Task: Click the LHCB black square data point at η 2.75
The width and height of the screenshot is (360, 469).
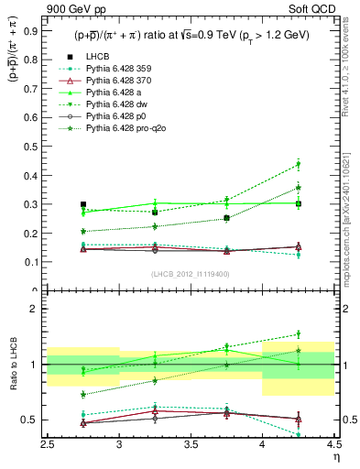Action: (83, 204)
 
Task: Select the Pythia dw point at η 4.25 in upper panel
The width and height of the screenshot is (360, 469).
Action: (298, 165)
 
